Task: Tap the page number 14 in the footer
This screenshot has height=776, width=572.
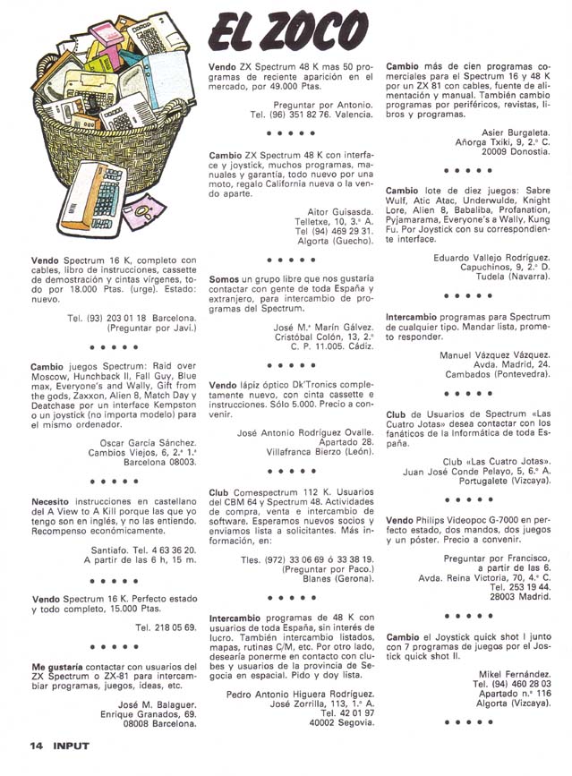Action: point(36,745)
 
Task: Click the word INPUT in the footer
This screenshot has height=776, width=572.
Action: point(71,745)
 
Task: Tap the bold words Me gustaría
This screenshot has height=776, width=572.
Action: point(64,667)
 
